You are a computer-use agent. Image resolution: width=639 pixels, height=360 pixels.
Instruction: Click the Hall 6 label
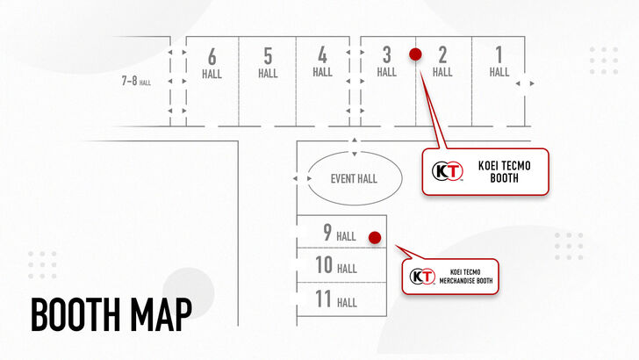(x=212, y=63)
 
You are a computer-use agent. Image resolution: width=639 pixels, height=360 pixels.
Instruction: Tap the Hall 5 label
(x=268, y=63)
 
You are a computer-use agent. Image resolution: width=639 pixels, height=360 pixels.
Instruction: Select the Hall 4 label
(x=322, y=61)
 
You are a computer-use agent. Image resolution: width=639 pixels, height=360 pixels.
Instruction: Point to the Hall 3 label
(x=387, y=61)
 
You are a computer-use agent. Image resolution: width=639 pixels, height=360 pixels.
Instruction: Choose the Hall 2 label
(x=442, y=61)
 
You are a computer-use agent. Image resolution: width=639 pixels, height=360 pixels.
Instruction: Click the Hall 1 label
(x=499, y=61)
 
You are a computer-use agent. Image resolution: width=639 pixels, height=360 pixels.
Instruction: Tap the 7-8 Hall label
(x=136, y=81)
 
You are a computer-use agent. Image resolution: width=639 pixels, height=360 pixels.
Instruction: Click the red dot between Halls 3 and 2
(x=415, y=54)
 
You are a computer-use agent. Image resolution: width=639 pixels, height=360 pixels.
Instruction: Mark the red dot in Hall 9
(x=375, y=237)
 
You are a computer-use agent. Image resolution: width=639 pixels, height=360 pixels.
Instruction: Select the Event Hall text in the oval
(x=354, y=178)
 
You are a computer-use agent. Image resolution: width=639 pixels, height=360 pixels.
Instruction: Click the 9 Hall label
(x=340, y=233)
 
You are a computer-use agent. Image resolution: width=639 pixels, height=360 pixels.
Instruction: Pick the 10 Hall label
(x=336, y=265)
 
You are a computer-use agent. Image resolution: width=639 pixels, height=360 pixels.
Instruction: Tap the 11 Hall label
(x=336, y=299)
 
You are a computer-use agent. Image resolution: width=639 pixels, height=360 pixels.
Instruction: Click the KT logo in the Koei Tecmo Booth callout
(x=448, y=171)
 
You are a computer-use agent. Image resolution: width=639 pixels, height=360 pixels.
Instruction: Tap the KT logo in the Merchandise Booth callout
(x=422, y=277)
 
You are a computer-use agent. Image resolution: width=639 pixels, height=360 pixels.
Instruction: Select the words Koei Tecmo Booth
(x=504, y=171)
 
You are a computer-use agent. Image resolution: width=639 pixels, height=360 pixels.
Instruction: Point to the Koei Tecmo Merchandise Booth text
(x=466, y=277)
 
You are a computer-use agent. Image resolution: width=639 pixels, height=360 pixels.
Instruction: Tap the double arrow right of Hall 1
(x=525, y=83)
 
